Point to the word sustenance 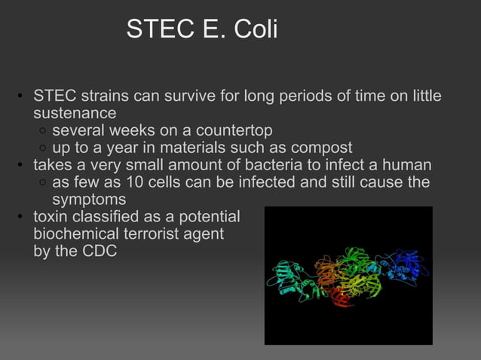75,113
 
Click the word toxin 51,217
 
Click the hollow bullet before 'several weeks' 44,131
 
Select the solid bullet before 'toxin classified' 22,218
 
